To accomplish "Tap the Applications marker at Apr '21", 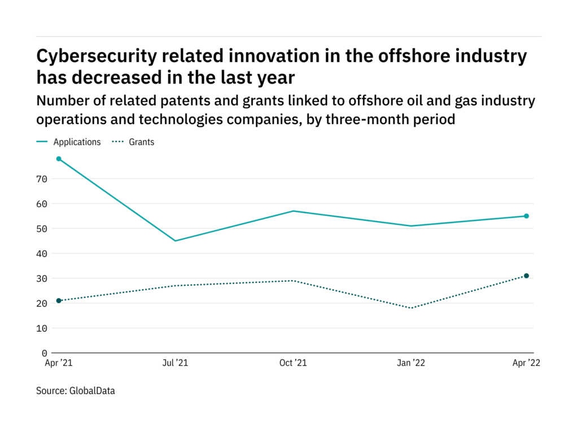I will (59, 159).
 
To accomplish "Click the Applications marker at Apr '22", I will (526, 216).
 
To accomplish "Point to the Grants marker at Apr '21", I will (59, 301).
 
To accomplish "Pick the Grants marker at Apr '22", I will (526, 276).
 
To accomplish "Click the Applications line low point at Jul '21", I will (176, 241).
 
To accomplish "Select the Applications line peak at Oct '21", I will (292, 211).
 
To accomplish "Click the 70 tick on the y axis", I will (42, 179).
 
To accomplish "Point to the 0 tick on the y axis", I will (45, 353).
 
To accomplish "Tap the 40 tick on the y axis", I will (42, 254).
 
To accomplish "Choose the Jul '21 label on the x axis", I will (175, 364).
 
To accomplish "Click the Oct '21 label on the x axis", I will (293, 364).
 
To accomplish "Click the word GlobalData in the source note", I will (92, 390).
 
